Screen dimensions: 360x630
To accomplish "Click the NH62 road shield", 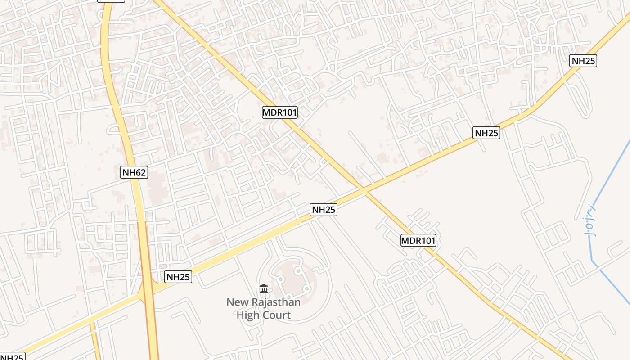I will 135,172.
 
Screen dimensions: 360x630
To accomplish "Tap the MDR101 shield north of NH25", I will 280,112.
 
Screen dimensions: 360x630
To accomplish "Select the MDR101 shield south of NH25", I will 418,241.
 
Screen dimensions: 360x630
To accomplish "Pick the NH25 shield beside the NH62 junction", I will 178,277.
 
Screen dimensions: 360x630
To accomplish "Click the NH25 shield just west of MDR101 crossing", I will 324,210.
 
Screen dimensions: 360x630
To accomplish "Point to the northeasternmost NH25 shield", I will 583,61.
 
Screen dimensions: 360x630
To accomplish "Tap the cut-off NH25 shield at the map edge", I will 12,357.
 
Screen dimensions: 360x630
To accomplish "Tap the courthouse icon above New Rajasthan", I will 264,288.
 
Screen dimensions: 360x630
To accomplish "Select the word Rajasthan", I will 274,302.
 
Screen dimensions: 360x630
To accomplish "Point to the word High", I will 248,315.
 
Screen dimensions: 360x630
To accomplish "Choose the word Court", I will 276,315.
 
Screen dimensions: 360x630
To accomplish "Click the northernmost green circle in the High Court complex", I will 297,270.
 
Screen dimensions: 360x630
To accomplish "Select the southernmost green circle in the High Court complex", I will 288,297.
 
